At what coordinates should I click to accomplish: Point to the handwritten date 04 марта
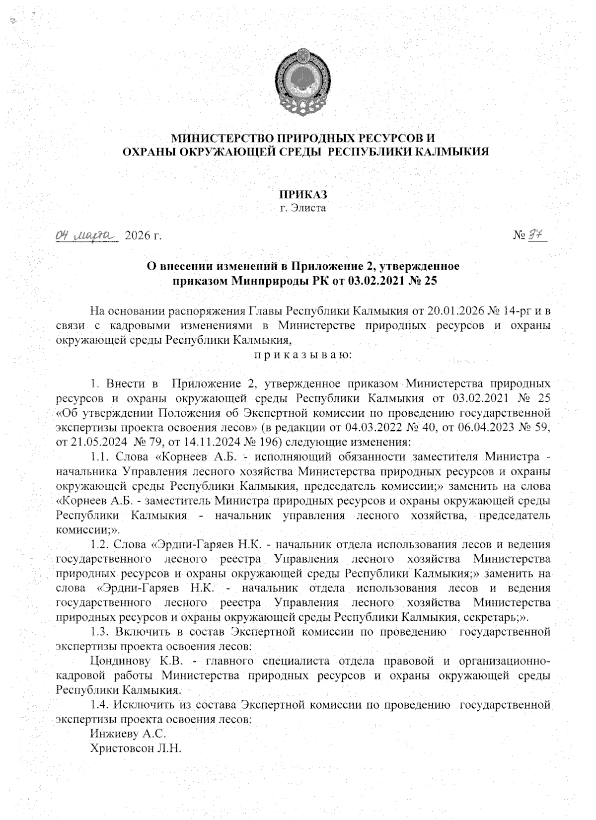pos(84,234)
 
